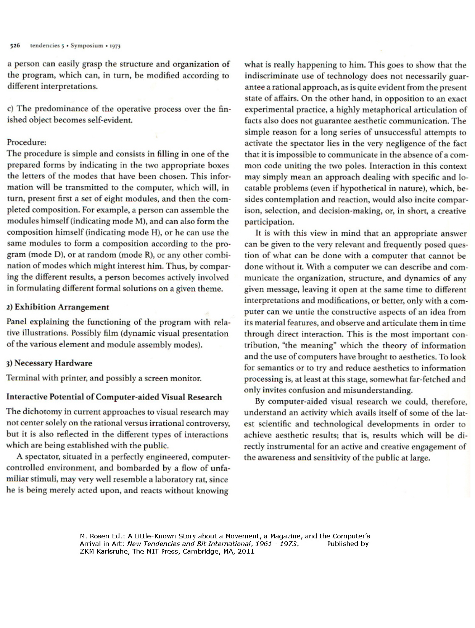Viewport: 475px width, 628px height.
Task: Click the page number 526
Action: pyautogui.click(x=15, y=46)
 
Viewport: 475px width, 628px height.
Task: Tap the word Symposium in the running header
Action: pyautogui.click(x=87, y=46)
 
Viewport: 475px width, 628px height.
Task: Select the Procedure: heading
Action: pyautogui.click(x=26, y=142)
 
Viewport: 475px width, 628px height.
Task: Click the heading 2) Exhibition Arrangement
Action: pyautogui.click(x=58, y=307)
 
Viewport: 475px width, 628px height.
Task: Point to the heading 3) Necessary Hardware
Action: pyautogui.click(x=49, y=363)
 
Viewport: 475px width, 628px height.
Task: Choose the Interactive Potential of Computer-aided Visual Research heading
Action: pyautogui.click(x=114, y=397)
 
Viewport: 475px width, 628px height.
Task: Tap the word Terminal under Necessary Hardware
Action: pyautogui.click(x=23, y=378)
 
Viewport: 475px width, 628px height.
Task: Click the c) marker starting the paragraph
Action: pyautogui.click(x=11, y=109)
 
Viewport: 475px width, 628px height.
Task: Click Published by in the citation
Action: pyautogui.click(x=348, y=544)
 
